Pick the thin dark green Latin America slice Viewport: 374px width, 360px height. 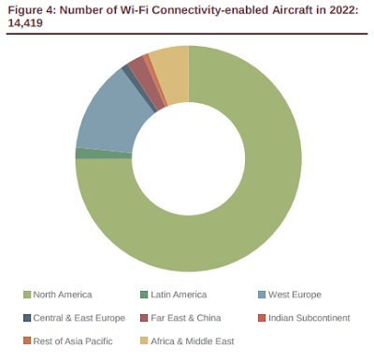(x=104, y=153)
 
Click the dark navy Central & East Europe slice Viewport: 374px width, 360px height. (x=139, y=88)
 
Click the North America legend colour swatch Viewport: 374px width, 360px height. (x=27, y=295)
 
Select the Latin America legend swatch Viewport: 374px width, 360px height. (x=144, y=295)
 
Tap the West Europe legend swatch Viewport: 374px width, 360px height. (x=262, y=295)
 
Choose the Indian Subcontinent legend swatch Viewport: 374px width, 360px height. (x=262, y=318)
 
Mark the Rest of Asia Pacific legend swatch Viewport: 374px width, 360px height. (x=27, y=341)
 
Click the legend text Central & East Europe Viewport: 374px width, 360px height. (x=79, y=318)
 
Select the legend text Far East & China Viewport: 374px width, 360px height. (x=186, y=318)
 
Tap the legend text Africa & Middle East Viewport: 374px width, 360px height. (x=193, y=341)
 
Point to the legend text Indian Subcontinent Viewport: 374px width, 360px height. (x=309, y=318)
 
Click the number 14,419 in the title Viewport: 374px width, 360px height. (x=25, y=23)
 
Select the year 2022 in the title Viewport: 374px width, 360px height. (x=341, y=10)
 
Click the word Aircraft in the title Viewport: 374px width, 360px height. (x=292, y=10)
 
